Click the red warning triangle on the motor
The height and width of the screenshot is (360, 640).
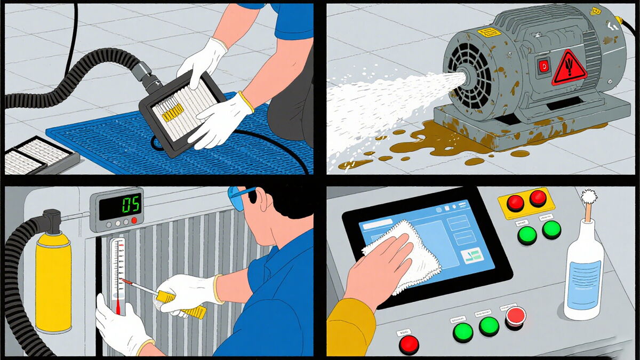(x=569, y=68)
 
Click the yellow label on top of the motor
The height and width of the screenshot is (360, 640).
(x=489, y=32)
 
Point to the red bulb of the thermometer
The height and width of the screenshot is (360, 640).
(x=117, y=307)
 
